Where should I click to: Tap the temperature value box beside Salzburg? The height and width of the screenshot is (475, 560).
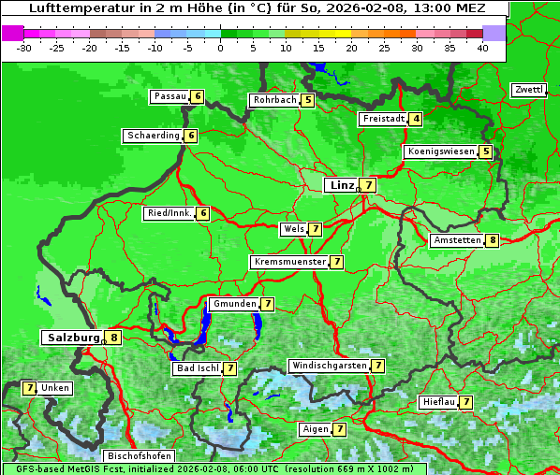(114, 338)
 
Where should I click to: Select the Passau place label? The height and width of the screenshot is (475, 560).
(169, 96)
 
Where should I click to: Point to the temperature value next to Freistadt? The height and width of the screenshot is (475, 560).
(416, 119)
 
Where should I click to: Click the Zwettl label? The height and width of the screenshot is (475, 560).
(528, 90)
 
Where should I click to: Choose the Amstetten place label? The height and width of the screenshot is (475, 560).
(457, 240)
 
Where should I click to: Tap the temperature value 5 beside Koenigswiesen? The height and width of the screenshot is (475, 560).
(485, 151)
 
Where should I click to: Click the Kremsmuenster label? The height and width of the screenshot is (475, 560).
(289, 262)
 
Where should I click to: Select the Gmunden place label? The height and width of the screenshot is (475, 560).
(233, 304)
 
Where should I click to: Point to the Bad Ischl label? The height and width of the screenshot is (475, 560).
(197, 368)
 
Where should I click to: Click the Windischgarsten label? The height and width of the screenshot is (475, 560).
(328, 366)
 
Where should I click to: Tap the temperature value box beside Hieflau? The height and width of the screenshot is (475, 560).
(465, 402)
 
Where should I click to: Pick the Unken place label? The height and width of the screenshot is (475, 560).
(55, 387)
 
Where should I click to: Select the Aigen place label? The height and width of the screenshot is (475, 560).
(315, 429)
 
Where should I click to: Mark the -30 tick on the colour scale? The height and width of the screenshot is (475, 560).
(24, 48)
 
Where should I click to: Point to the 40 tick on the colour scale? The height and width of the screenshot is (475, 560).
(482, 48)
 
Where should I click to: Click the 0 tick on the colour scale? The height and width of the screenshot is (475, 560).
(221, 48)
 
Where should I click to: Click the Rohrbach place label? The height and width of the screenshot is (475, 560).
(274, 100)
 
